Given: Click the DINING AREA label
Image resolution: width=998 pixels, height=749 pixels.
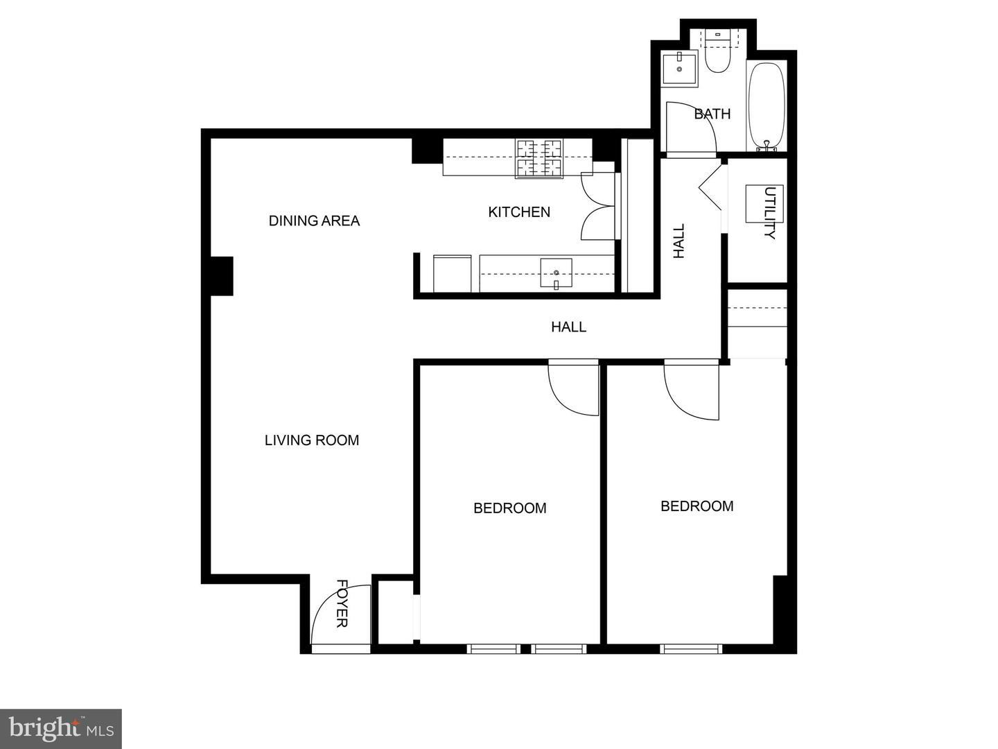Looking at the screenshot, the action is point(314,221).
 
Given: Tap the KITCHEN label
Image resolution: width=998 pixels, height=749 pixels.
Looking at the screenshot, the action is point(519,212).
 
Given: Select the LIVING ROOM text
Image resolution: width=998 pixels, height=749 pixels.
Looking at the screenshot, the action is point(312,440).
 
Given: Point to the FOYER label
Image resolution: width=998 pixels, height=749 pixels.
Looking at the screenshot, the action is point(342,603).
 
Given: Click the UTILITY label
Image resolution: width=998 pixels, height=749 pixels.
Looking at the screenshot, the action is point(770,212).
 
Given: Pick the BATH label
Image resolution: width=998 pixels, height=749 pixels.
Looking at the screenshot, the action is point(712,114).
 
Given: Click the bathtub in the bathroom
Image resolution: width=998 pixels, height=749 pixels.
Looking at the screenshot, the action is point(767,107).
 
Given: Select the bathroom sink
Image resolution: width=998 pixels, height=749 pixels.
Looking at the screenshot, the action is point(679,69).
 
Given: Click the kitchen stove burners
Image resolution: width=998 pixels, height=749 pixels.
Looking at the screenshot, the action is point(539,158).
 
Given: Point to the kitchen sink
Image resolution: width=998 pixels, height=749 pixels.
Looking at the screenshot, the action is point(556,273).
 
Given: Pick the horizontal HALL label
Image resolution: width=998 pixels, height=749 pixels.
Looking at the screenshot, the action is point(568,327).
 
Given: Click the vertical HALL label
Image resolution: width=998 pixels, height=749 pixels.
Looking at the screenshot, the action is point(679,241).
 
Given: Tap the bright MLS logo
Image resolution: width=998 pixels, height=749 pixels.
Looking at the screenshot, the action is point(61,729).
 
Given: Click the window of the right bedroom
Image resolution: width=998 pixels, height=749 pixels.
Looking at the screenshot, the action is point(691,648).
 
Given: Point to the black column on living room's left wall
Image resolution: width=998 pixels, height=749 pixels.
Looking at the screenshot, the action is point(221,276).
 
